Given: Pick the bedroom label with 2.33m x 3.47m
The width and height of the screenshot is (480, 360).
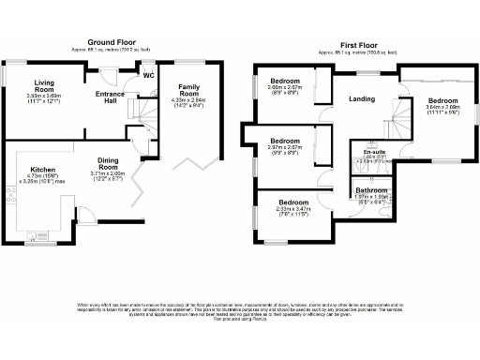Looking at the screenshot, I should click(292, 202).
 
